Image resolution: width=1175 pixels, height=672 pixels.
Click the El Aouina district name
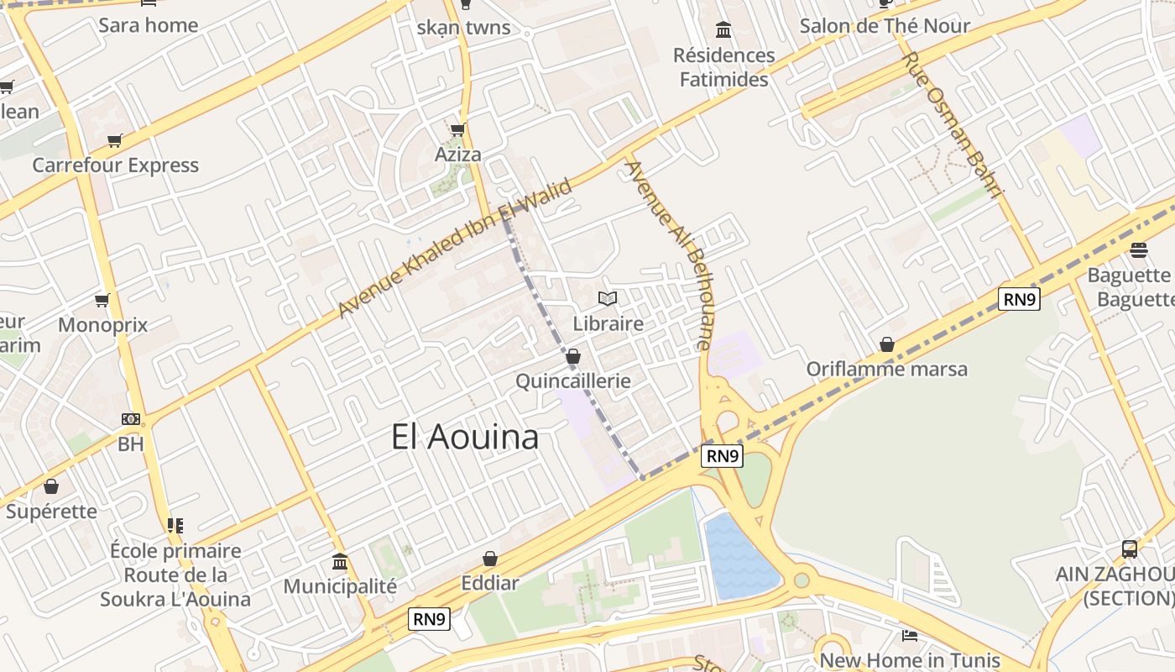[464, 438]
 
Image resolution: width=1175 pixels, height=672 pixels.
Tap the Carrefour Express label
[116, 165]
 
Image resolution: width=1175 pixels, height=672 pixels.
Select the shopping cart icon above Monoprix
[102, 300]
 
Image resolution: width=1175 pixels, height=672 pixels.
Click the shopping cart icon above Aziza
[457, 129]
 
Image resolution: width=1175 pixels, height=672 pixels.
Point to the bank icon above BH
[131, 419]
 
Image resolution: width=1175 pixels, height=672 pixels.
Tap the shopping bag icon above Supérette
[51, 486]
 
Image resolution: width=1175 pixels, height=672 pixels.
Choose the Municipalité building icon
[340, 560]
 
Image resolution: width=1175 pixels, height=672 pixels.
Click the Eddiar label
[490, 583]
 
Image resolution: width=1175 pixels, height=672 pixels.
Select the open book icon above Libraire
[608, 298]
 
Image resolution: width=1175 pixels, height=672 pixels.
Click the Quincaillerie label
[573, 381]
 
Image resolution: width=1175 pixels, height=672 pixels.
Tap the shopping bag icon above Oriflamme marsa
[887, 344]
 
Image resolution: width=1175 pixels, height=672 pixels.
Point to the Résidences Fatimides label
[723, 68]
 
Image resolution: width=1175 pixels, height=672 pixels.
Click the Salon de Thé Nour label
[885, 26]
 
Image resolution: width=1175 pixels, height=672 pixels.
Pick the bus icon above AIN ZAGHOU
[1130, 549]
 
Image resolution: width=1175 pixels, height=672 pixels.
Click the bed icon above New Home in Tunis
[909, 635]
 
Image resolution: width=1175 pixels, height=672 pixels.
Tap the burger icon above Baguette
[1139, 250]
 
